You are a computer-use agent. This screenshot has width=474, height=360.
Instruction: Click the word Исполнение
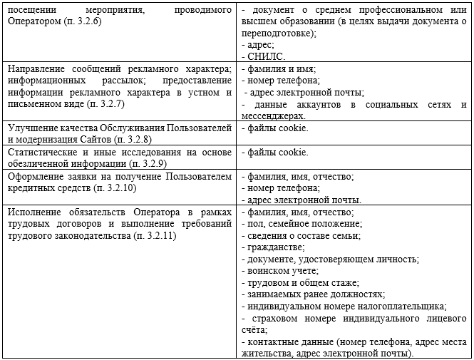click(x=34, y=212)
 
